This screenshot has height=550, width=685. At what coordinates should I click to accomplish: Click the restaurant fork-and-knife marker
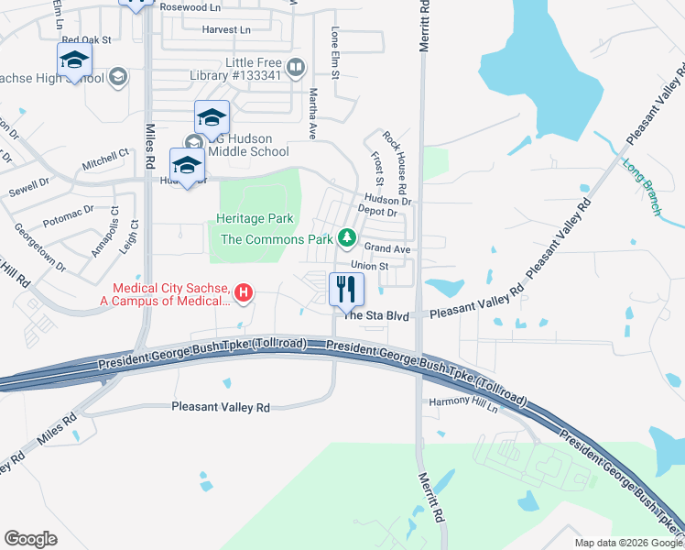coord(346,290)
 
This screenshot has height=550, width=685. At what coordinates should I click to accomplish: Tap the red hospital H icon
coord(244,293)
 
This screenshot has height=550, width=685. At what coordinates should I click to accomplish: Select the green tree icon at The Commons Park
coord(346,238)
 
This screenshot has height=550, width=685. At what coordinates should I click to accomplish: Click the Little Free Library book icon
coord(296,66)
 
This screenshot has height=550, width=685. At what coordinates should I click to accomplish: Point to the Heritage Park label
coord(255,219)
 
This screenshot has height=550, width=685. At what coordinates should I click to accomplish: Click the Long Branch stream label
coord(641,188)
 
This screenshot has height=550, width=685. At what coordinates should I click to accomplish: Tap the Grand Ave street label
coord(387,248)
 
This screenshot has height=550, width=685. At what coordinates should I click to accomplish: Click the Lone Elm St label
coord(335,52)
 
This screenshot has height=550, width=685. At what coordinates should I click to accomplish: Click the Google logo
coord(31,539)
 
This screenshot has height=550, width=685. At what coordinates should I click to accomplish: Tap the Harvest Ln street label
coord(226,29)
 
